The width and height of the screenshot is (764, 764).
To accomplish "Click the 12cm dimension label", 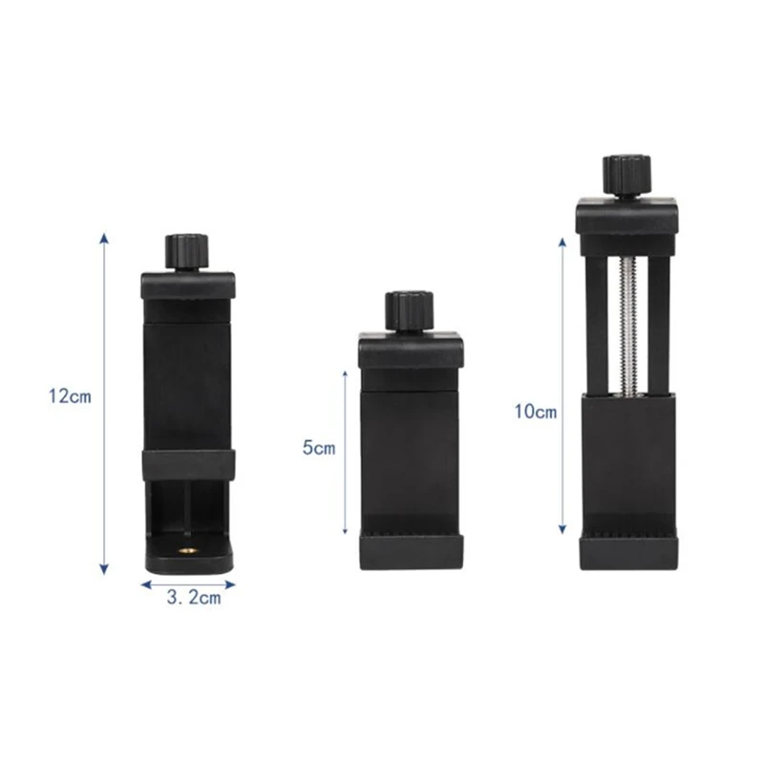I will click(70, 396).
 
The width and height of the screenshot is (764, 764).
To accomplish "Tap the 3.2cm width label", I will click(193, 599).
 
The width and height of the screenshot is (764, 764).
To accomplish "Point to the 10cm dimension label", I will click(535, 412).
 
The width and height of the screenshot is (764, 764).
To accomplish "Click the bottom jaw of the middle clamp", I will click(411, 551).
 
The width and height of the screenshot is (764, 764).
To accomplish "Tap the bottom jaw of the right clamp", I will click(628, 552).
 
